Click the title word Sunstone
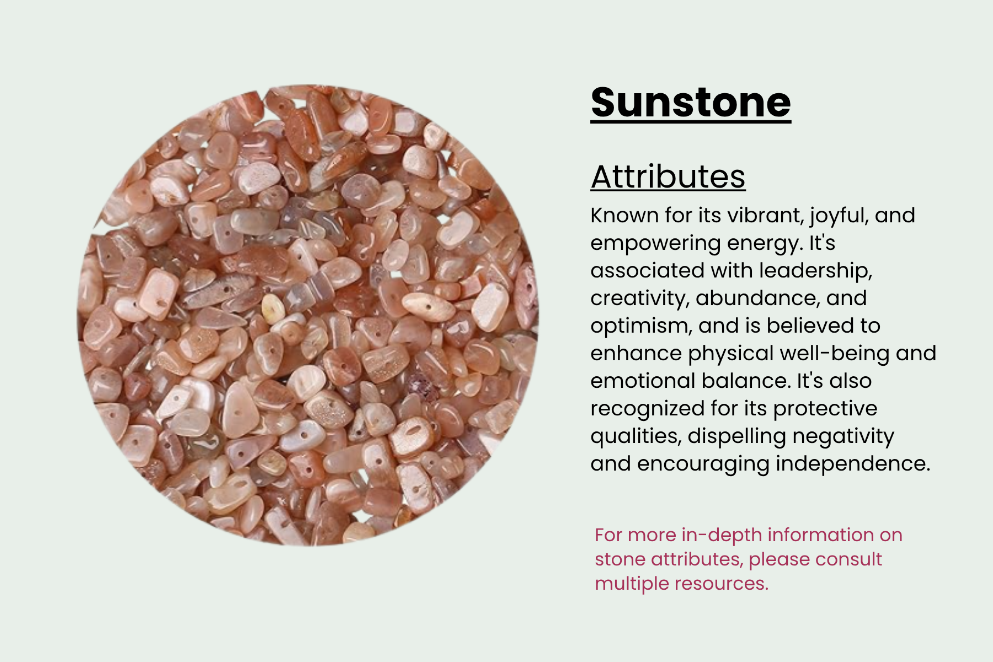(691, 103)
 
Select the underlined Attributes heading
(668, 177)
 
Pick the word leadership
(816, 271)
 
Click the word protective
(825, 409)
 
